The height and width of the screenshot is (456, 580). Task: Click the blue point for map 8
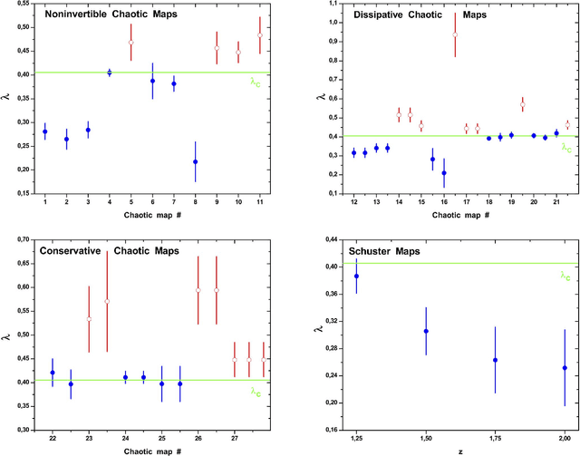coord(195,161)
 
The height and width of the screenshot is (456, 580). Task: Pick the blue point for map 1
coord(44,131)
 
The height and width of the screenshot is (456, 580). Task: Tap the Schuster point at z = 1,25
coord(356,276)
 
